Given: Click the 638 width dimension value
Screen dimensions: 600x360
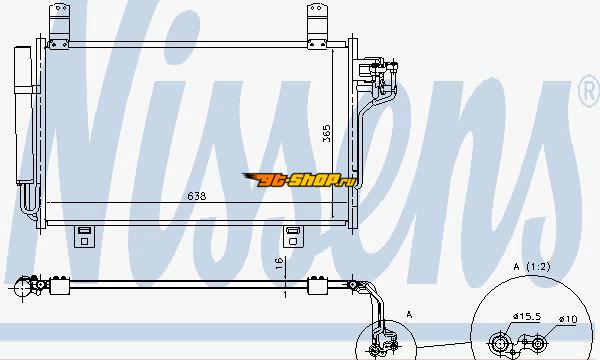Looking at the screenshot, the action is [197, 196].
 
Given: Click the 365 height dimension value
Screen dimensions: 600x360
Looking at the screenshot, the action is [327, 133].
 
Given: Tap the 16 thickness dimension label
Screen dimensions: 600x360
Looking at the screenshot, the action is [280, 263].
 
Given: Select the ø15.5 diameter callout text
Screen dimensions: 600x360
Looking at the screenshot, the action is [527, 316].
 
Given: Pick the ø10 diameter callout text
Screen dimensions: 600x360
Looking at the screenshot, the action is [567, 319].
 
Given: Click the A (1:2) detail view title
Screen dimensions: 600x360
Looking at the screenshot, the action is [532, 267].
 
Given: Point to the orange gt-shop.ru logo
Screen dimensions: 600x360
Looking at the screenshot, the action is [299, 179].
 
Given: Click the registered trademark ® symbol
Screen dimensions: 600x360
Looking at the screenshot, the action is [589, 91].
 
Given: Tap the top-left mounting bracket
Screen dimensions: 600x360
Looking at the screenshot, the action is [59, 26].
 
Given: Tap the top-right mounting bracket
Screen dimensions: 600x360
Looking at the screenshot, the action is [317, 26].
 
